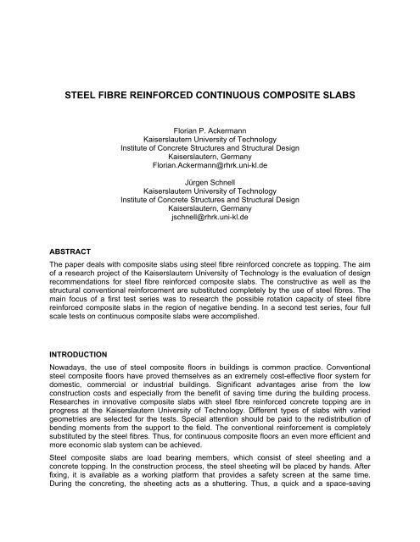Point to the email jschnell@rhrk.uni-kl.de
click(210, 217)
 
